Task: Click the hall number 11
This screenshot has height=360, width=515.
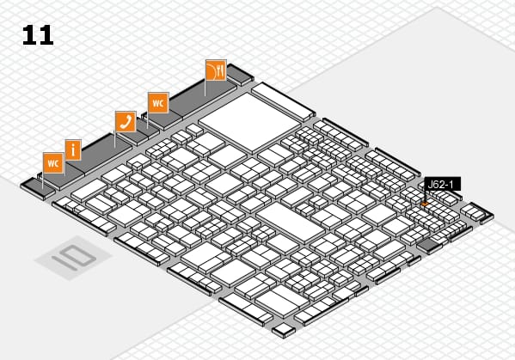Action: [x=38, y=34]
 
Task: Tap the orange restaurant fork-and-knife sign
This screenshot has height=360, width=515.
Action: [x=216, y=70]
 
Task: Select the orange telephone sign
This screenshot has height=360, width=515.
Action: [x=126, y=121]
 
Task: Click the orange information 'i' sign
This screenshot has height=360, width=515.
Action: [x=73, y=150]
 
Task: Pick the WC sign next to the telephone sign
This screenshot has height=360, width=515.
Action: [x=158, y=103]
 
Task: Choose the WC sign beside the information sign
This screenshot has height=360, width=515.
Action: [x=53, y=162]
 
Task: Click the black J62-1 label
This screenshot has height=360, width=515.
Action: [x=443, y=184]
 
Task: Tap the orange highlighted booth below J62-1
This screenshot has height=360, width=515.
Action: [x=425, y=204]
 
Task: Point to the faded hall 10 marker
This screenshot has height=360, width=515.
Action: [x=74, y=258]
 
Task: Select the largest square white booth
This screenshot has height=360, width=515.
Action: [x=250, y=123]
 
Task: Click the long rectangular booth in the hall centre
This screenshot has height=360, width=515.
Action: [x=291, y=223]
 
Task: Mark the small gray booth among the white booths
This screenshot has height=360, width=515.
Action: [x=428, y=245]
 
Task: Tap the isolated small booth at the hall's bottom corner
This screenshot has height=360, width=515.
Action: [x=284, y=330]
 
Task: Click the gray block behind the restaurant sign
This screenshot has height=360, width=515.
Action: [x=240, y=75]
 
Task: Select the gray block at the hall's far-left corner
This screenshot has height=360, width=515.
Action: [x=37, y=188]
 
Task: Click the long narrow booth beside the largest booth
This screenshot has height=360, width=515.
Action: [x=283, y=101]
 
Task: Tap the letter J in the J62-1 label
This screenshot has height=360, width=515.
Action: [x=430, y=185]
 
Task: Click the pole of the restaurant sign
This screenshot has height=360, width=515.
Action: [x=205, y=88]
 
